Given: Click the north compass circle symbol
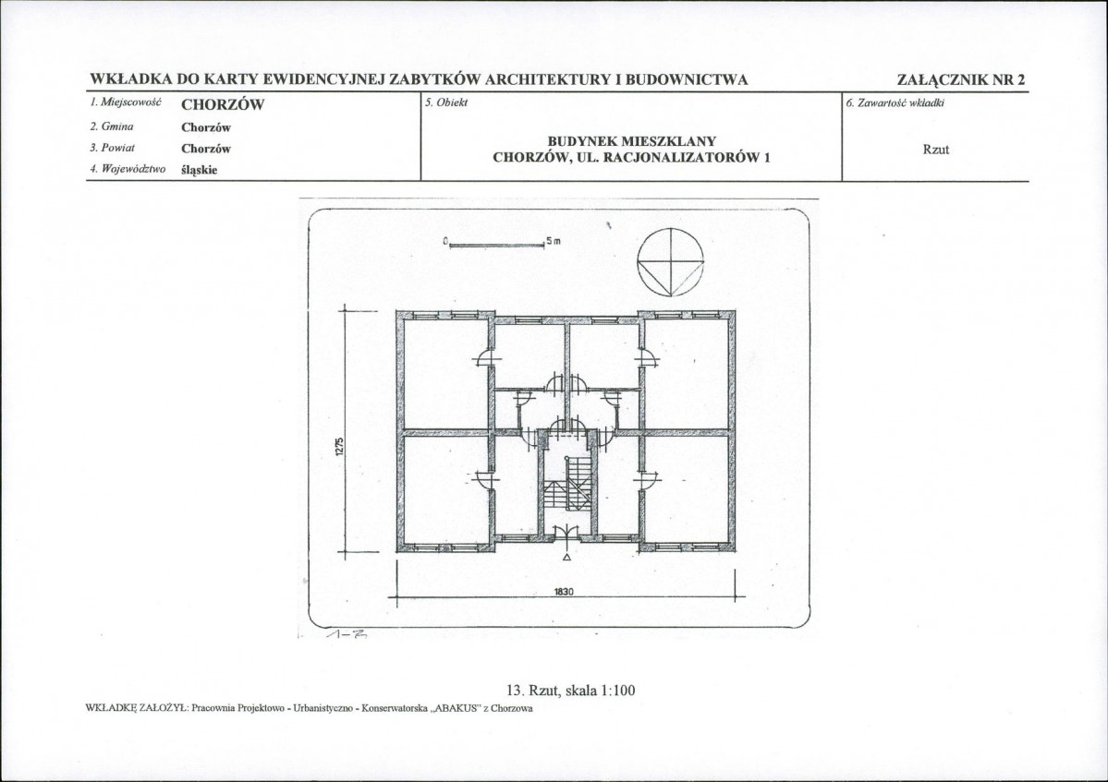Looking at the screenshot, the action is pyautogui.click(x=671, y=230).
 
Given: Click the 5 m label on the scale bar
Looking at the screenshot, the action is pyautogui.click(x=554, y=241).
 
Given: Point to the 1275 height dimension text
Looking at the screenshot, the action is pyautogui.click(x=339, y=447).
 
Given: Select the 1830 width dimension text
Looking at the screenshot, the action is pyautogui.click(x=563, y=592).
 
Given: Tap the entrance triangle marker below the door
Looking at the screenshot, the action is pyautogui.click(x=566, y=557).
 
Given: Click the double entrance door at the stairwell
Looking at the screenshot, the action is pyautogui.click(x=566, y=532).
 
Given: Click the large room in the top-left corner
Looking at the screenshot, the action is pyautogui.click(x=445, y=373).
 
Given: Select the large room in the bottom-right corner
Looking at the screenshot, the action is pyautogui.click(x=686, y=489).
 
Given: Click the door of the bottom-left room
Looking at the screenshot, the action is pyautogui.click(x=484, y=479).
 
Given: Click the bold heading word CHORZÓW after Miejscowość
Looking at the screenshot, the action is pyautogui.click(x=223, y=105).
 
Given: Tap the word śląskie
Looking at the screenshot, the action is pyautogui.click(x=200, y=170).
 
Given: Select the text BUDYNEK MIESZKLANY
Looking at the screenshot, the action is pyautogui.click(x=632, y=142).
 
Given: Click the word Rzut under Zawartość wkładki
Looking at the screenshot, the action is pyautogui.click(x=935, y=150).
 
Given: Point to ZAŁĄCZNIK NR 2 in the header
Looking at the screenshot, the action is pyautogui.click(x=960, y=79).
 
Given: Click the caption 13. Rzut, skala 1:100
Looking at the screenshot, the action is pyautogui.click(x=571, y=690).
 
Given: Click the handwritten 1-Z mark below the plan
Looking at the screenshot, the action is pyautogui.click(x=347, y=634).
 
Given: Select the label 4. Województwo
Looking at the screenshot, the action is pyautogui.click(x=128, y=169).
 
